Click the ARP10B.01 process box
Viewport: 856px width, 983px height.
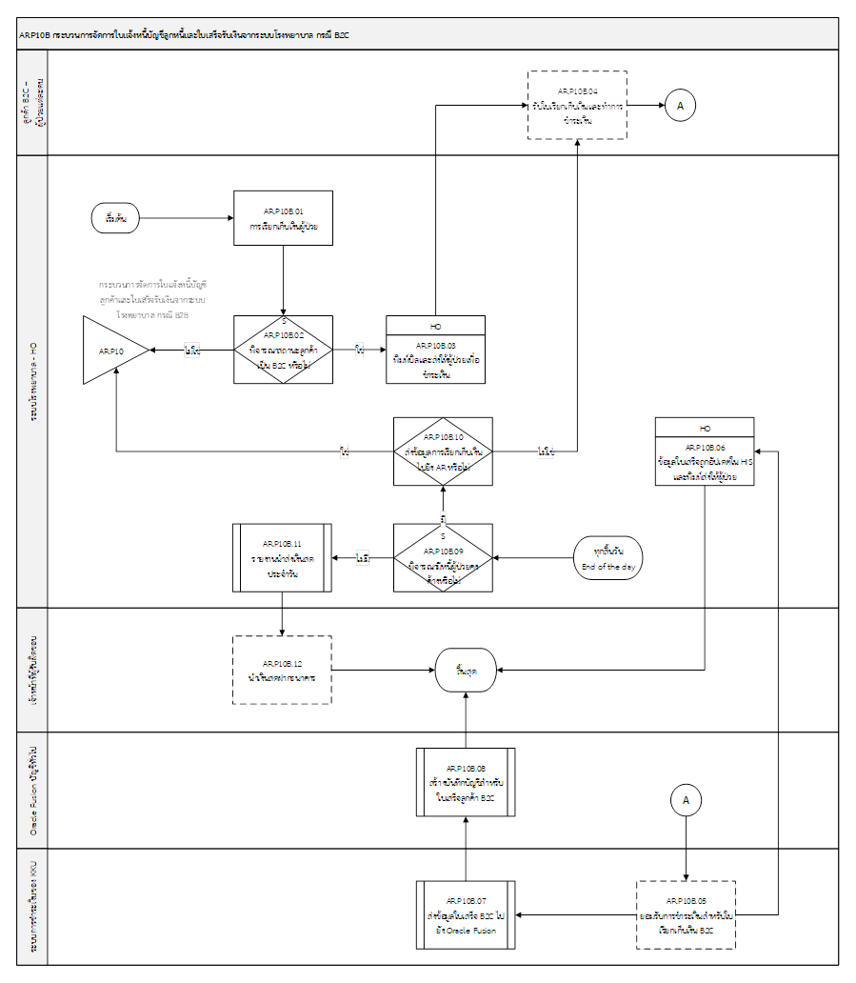(284, 218)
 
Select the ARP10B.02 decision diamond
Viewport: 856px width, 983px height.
(284, 351)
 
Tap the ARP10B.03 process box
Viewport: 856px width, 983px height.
(436, 356)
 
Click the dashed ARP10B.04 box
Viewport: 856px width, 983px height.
(578, 106)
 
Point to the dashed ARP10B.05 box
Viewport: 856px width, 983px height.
(687, 914)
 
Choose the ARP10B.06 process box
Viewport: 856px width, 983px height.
(705, 457)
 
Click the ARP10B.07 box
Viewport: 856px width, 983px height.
(466, 914)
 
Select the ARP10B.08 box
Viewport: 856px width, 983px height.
(466, 782)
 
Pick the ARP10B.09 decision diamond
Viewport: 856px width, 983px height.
(444, 557)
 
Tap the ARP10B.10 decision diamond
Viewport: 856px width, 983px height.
(444, 451)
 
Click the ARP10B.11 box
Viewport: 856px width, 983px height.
(283, 557)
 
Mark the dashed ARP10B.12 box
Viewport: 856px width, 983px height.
(283, 670)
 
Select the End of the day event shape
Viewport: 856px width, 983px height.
(608, 558)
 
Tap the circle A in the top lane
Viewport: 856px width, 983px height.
(679, 105)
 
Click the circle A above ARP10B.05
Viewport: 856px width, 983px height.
(686, 801)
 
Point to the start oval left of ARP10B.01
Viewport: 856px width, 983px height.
(116, 218)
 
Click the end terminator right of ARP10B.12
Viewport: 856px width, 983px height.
(466, 670)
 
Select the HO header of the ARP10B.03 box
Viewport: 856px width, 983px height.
(436, 327)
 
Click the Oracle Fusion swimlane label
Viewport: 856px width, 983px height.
(34, 791)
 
